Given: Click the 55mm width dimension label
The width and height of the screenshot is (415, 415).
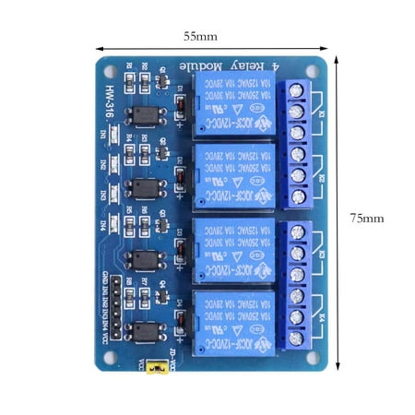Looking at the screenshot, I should (200, 37).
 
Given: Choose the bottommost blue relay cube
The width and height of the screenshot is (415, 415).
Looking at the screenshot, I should (231, 320).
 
